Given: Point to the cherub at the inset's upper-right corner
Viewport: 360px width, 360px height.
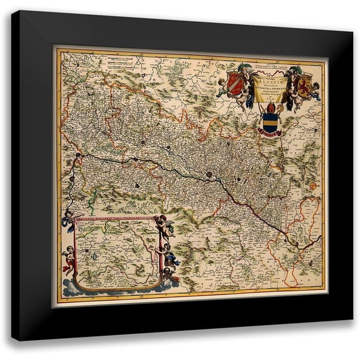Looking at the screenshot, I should click(x=164, y=225).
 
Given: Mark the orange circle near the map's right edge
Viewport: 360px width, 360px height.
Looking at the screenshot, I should click(x=312, y=185).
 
